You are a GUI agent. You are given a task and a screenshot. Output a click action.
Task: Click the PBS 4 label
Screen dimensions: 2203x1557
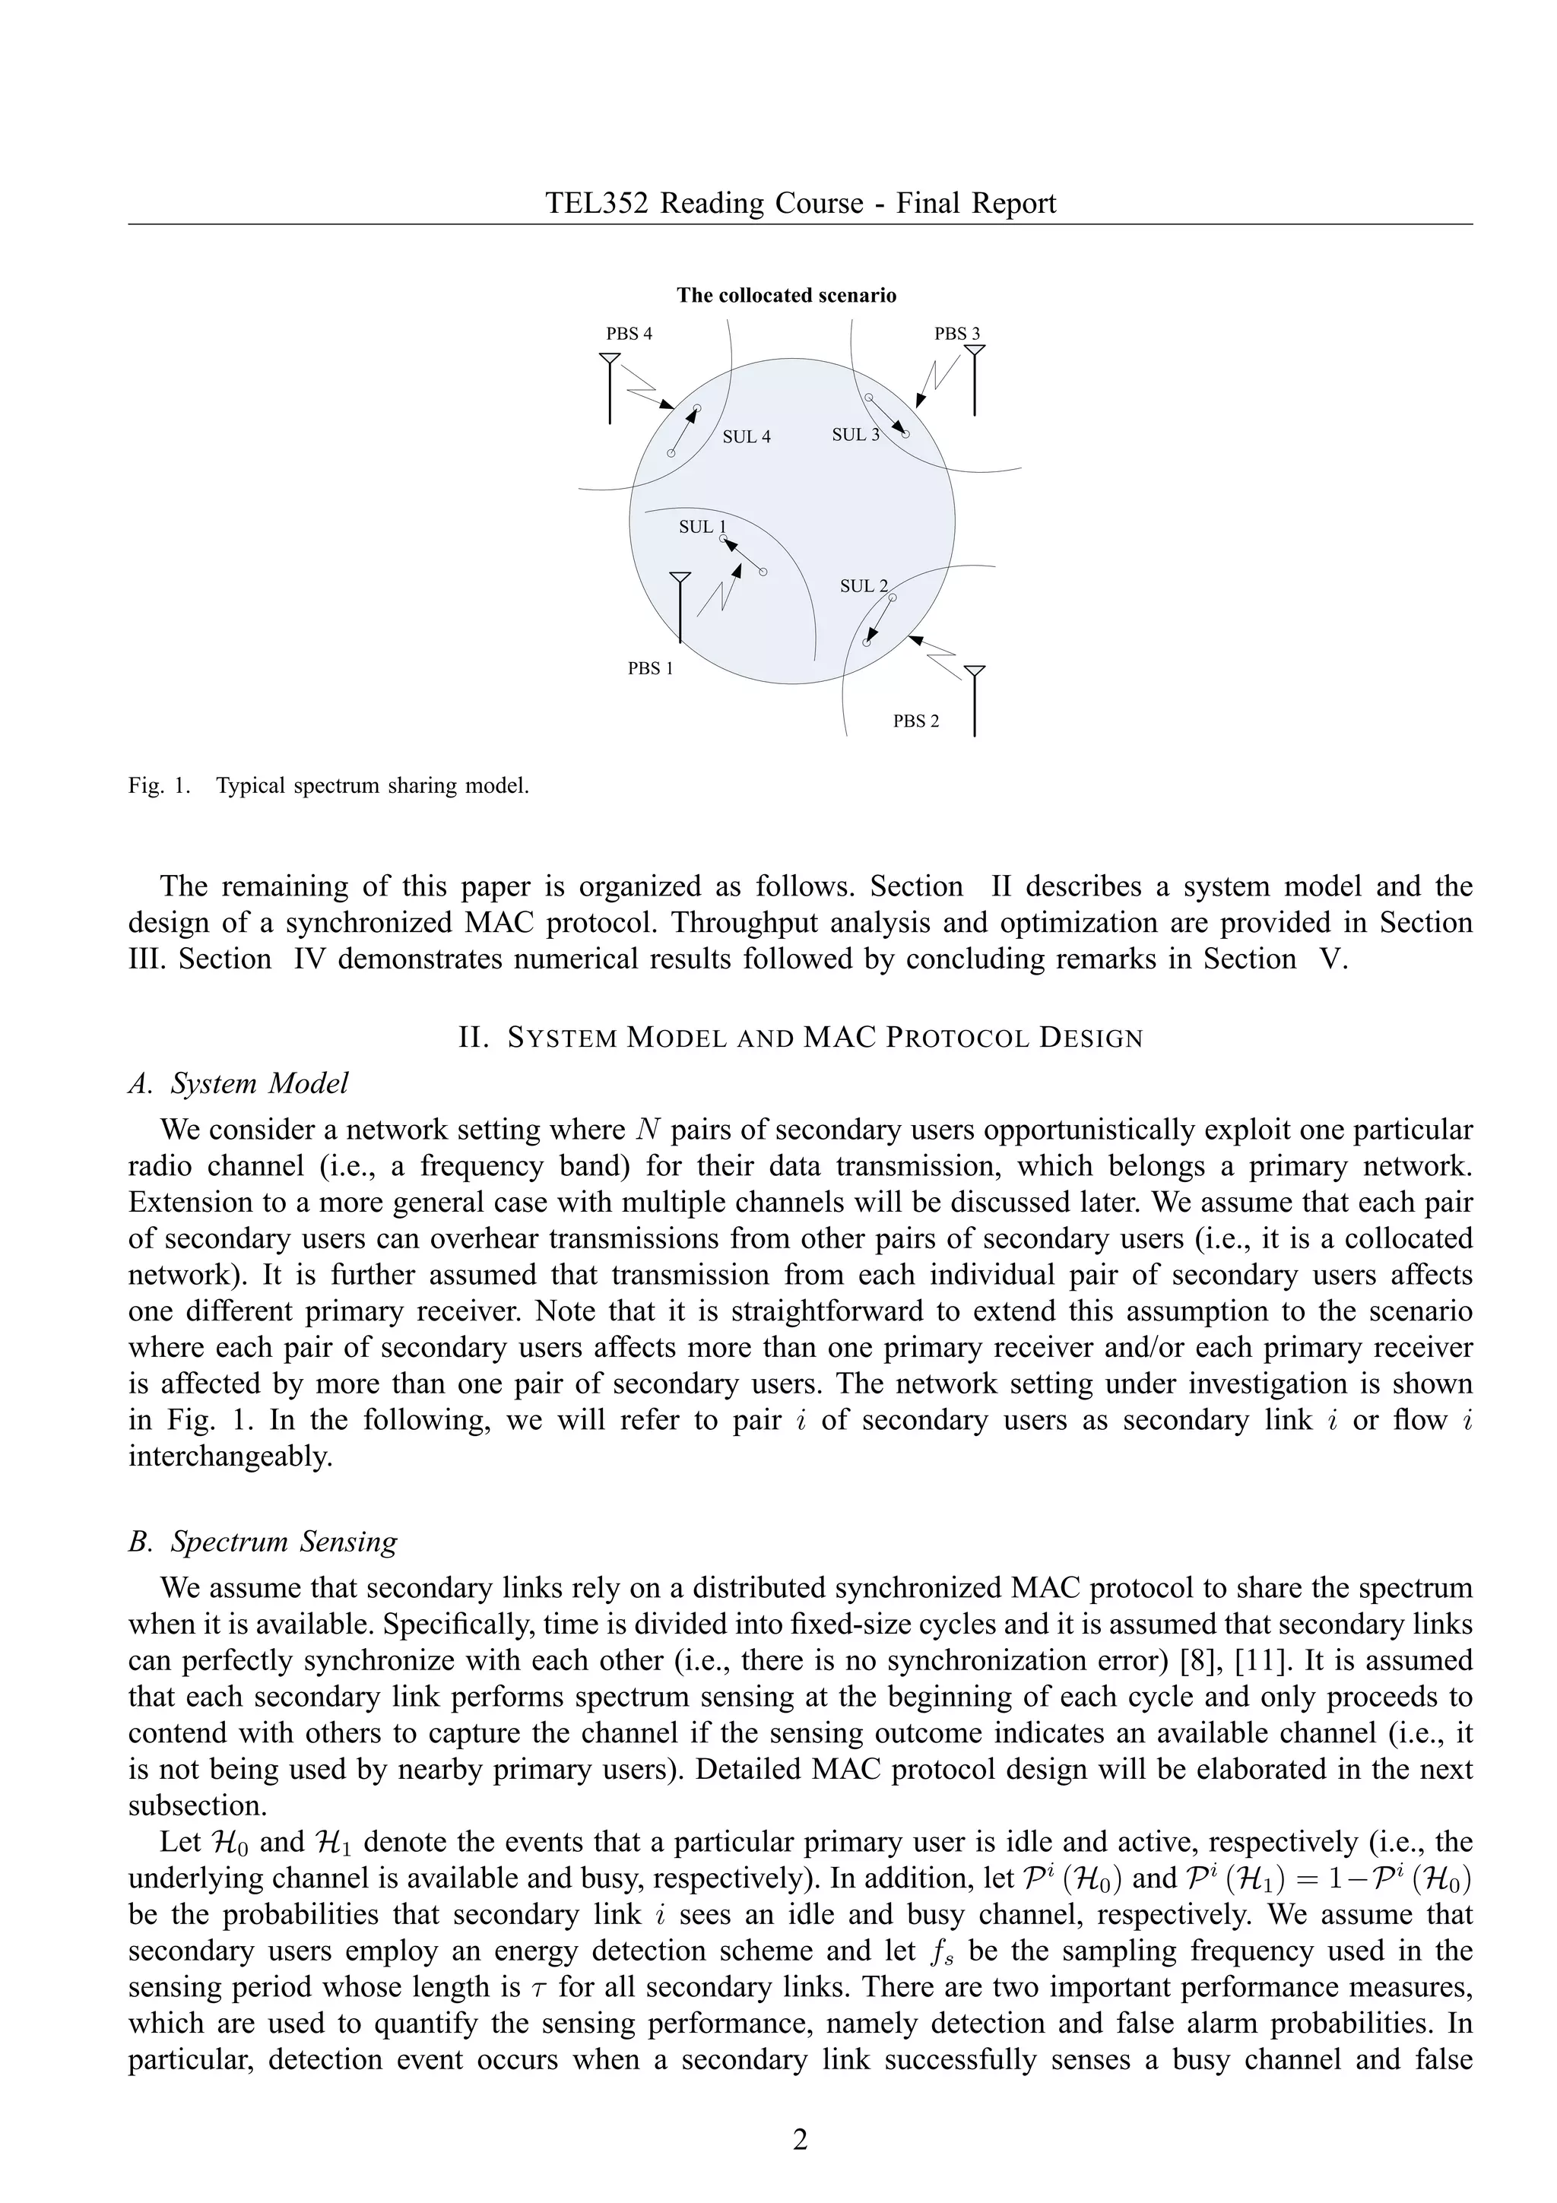coord(629,334)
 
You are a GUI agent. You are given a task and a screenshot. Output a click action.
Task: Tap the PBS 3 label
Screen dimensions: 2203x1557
coord(956,334)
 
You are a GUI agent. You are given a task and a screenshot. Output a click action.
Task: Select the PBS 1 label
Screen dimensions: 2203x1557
coord(651,669)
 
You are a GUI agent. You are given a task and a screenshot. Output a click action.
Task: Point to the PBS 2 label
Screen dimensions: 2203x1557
coord(915,721)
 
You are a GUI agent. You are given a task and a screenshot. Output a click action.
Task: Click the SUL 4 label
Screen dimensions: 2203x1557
coord(747,438)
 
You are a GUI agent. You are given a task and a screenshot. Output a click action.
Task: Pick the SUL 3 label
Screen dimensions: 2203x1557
coord(855,435)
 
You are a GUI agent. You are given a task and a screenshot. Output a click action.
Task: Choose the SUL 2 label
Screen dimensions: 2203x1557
coord(864,586)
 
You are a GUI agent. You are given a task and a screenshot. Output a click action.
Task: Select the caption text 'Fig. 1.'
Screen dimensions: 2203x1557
coord(158,786)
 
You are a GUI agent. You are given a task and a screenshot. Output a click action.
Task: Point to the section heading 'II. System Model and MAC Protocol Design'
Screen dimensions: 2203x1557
coord(800,1037)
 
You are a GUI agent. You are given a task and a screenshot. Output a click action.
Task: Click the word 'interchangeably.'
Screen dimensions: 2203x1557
coord(230,1457)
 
